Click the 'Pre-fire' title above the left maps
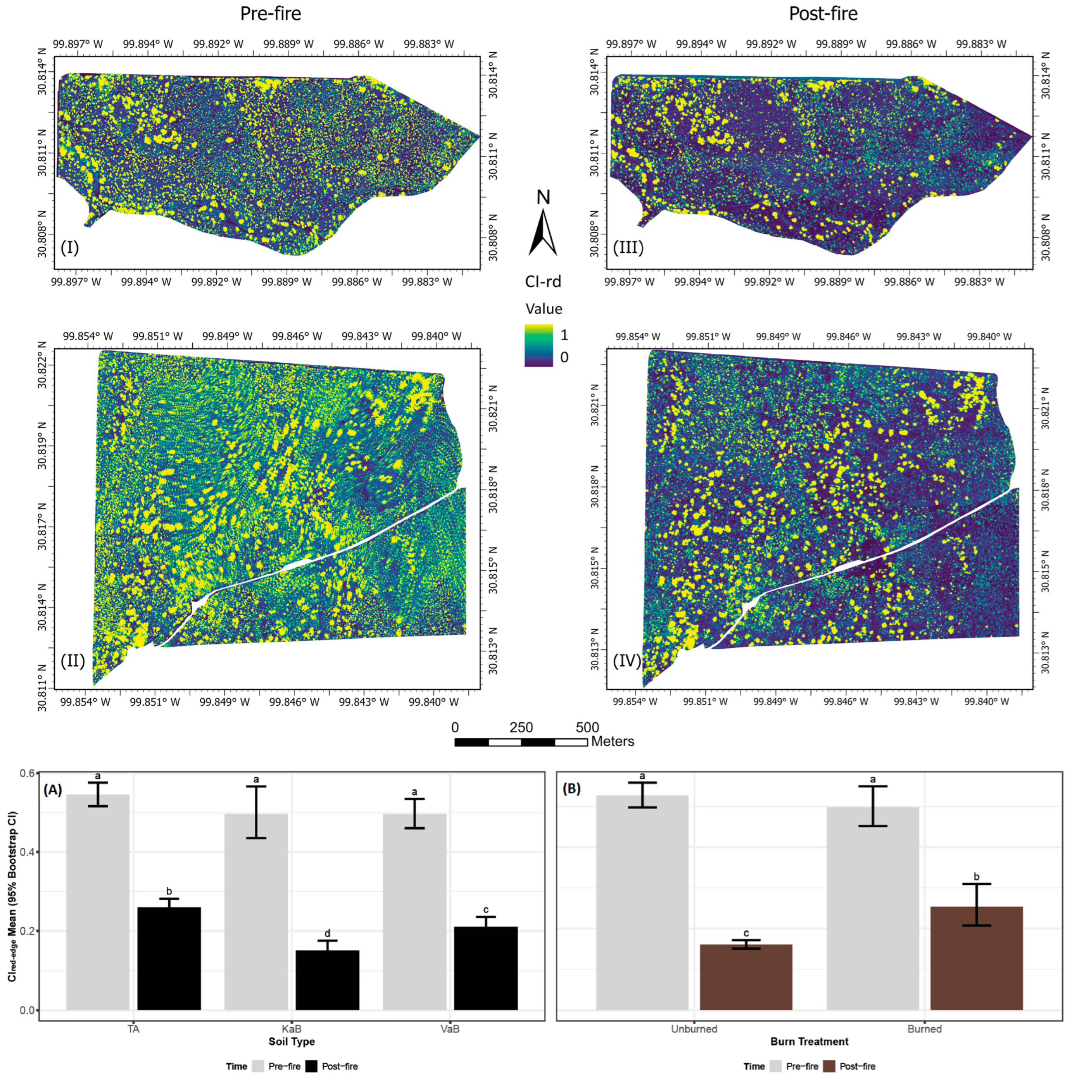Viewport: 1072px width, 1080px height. [270, 14]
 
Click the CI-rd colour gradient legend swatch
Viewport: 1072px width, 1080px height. [538, 345]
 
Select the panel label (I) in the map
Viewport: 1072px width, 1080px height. [69, 248]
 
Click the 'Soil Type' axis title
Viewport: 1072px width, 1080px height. [291, 1041]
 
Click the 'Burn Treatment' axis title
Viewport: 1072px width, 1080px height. [809, 1041]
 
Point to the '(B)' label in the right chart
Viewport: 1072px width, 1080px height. [571, 789]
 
